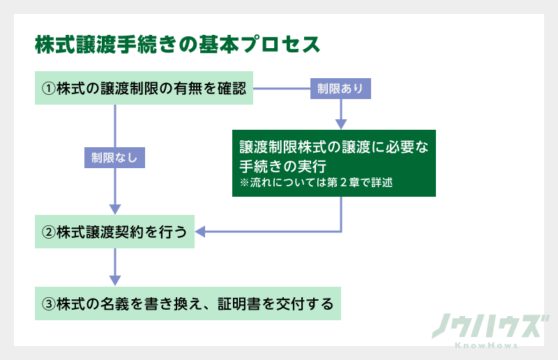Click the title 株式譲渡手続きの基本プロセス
[x=177, y=44]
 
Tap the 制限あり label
[x=340, y=89]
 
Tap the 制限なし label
[x=115, y=158]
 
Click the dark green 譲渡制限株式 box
[x=333, y=163]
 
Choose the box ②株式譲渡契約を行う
[x=115, y=232]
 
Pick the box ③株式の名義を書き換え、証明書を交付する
[x=188, y=303]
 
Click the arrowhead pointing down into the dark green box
[x=341, y=123]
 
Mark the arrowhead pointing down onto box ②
[x=115, y=209]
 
